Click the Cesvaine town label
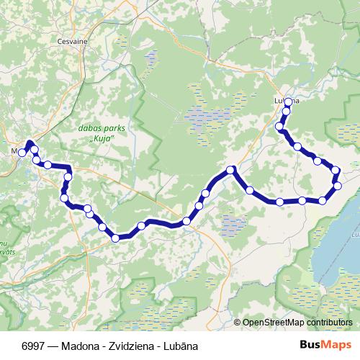click(72, 41)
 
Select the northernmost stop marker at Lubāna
click(288, 103)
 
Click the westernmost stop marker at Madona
click(22, 153)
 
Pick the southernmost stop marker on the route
click(115, 238)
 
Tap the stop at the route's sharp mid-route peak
click(231, 170)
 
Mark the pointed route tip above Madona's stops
click(29, 142)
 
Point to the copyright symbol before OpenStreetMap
click(238, 323)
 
